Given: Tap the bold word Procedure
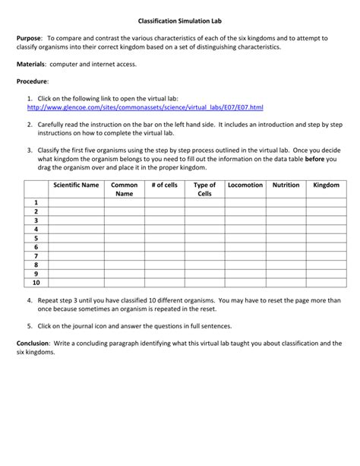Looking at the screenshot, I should tap(33, 81).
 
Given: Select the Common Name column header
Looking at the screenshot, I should tap(124, 189).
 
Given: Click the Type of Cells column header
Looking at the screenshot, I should tap(204, 189).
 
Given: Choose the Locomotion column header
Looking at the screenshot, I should tap(245, 185).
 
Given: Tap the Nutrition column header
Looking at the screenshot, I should tap(286, 185).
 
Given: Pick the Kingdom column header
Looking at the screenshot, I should tap(326, 185).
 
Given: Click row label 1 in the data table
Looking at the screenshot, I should tap(35, 202).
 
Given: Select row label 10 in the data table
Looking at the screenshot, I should tap(35, 282).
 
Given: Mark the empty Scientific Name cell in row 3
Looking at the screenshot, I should tap(75, 220).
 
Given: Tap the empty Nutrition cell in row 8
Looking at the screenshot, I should tap(286, 264).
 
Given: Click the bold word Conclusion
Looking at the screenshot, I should tap(33, 344).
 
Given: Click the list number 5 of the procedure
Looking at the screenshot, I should tap(29, 326).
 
